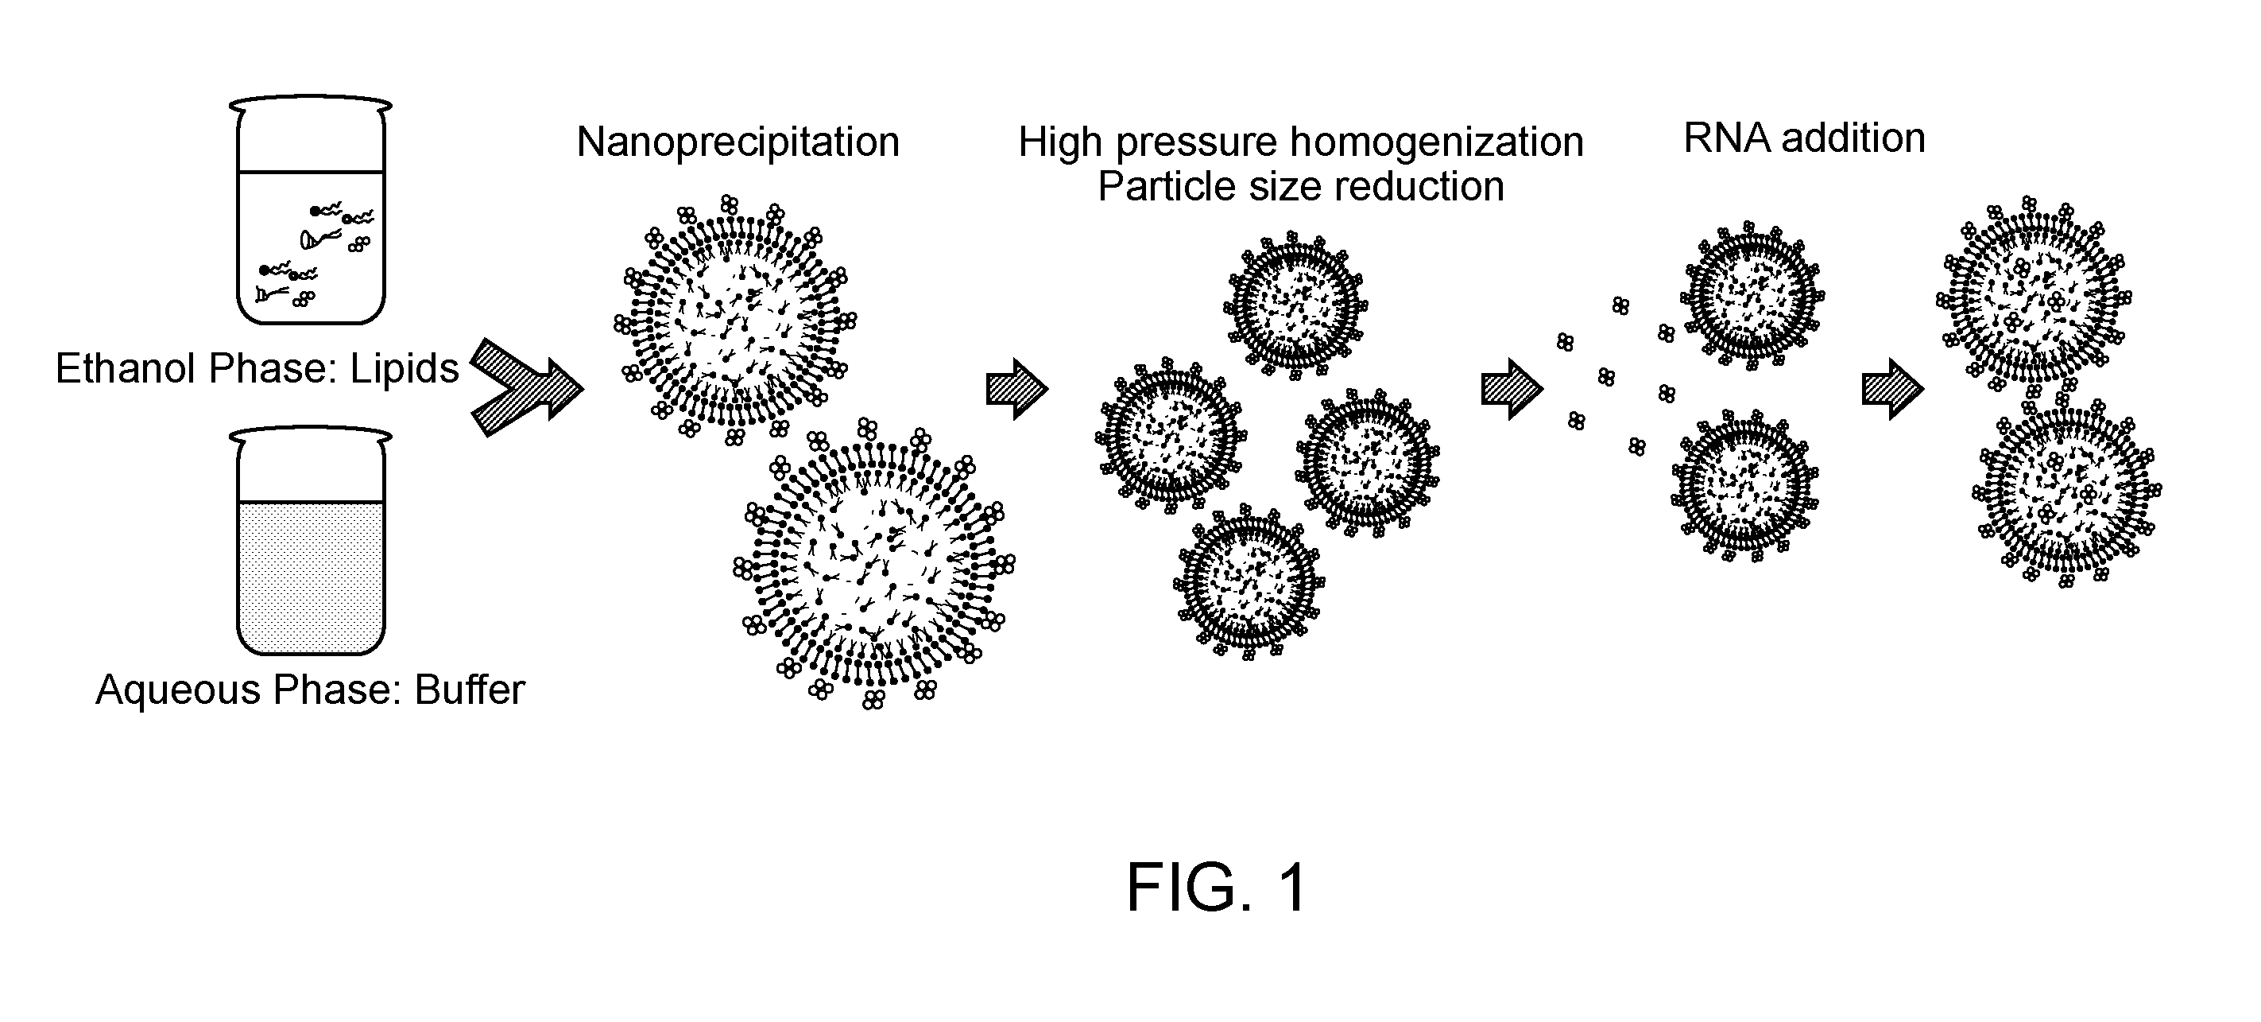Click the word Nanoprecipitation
738,143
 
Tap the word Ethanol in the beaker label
125,369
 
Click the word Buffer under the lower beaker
470,690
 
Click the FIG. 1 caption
1217,888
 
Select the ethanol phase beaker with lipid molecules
311,211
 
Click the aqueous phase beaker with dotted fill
311,541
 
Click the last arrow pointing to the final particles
1893,389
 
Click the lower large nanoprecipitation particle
874,565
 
